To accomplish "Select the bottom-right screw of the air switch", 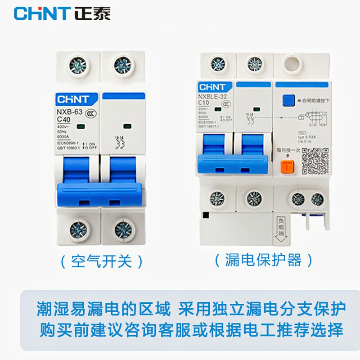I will point(122,229).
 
